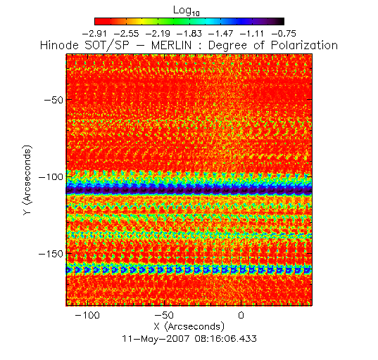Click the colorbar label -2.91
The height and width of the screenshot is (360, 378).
tap(94, 34)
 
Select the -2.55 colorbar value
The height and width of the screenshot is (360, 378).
tap(126, 34)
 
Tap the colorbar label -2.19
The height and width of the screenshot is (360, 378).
tap(158, 34)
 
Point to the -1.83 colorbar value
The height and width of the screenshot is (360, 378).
tap(189, 34)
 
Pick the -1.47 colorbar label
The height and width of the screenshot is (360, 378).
tap(220, 34)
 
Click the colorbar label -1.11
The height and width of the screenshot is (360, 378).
tap(252, 34)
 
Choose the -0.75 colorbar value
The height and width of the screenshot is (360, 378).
tap(284, 34)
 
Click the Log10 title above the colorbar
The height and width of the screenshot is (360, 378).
tap(187, 11)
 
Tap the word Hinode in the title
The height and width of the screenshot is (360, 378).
tap(59, 46)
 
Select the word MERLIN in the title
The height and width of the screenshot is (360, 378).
tap(171, 46)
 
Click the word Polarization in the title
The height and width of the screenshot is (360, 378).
tap(304, 46)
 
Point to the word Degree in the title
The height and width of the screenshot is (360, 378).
tap(228, 46)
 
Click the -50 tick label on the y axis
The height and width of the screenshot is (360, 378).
tap(53, 99)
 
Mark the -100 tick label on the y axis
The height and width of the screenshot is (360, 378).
tap(51, 176)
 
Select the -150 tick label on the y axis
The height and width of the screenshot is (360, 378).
tap(51, 254)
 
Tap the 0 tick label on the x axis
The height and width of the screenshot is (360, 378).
tap(241, 315)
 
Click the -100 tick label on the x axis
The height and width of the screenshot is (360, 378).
tap(87, 315)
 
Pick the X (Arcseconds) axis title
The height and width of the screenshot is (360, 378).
tap(189, 327)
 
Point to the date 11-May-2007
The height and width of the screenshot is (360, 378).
tap(156, 339)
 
